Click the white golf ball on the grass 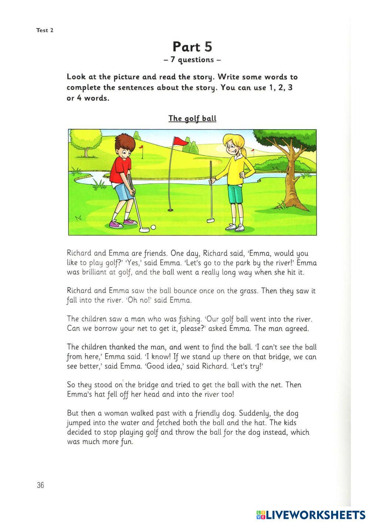click(x=153, y=227)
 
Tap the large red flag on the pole click(x=181, y=141)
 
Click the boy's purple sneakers click(x=123, y=223)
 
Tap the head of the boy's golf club click(x=144, y=230)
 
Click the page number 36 click(x=40, y=485)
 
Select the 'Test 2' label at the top click(x=45, y=30)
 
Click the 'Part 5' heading click(x=192, y=47)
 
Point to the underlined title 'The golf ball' click(x=192, y=118)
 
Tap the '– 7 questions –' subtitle click(x=192, y=60)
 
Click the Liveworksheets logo click(x=311, y=515)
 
